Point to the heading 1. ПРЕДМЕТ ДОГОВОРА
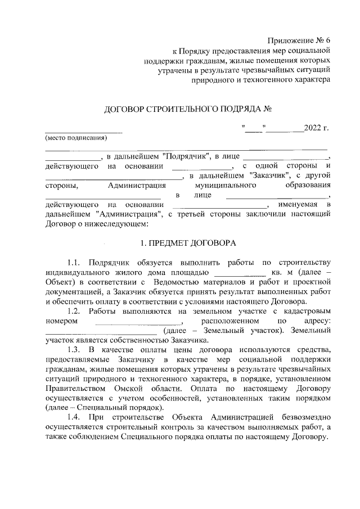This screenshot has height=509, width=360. click(x=187, y=244)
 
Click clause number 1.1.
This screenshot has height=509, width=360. click(x=74, y=263)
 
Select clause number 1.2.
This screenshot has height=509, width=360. click(x=74, y=311)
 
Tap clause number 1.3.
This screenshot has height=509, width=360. click(x=74, y=350)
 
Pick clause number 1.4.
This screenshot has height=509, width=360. click(x=74, y=418)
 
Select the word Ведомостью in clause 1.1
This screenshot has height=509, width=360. click(x=175, y=282)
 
